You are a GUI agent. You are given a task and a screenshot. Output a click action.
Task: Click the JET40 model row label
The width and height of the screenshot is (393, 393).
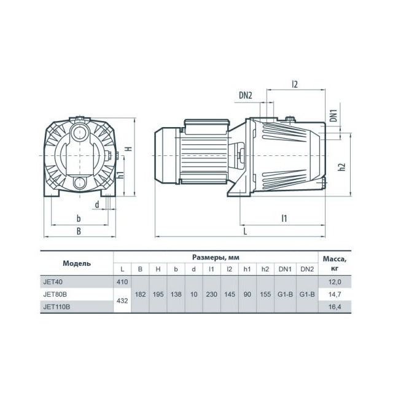[x=53, y=282]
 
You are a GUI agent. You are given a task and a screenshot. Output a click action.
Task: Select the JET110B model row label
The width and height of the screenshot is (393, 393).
[x=56, y=307]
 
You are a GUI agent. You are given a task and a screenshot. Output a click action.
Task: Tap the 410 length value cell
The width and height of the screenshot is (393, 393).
[x=122, y=282]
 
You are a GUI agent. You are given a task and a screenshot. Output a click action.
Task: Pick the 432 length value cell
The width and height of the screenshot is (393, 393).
[x=122, y=300]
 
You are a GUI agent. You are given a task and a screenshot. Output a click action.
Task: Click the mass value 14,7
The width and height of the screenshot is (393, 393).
[x=335, y=294]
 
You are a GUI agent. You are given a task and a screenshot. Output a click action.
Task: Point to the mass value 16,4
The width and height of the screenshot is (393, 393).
[x=335, y=307]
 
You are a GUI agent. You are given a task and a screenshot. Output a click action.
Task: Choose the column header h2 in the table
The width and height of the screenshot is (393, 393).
[x=265, y=269]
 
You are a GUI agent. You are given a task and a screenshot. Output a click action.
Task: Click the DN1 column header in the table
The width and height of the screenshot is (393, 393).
[x=285, y=269]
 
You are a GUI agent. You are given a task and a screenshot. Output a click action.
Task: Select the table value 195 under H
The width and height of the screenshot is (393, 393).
[x=158, y=294]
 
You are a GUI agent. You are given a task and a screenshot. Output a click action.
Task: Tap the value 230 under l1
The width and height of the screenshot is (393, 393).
[x=211, y=294]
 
